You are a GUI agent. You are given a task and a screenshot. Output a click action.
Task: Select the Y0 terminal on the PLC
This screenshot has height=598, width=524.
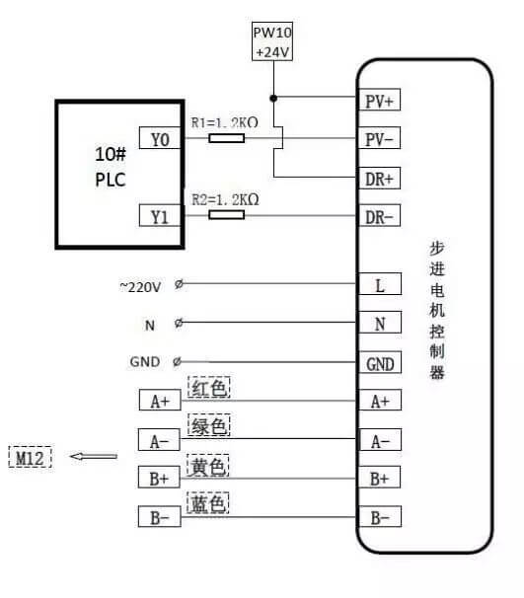(160, 140)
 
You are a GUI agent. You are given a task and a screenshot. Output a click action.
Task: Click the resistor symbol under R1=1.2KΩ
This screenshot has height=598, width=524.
(227, 140)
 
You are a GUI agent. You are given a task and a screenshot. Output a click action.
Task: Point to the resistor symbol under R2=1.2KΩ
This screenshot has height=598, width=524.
(227, 212)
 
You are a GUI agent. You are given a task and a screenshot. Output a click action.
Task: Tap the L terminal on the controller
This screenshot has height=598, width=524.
(380, 285)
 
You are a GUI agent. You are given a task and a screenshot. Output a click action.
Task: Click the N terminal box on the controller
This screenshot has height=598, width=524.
(380, 323)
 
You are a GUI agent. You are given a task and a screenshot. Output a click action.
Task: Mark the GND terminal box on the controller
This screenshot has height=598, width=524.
(380, 364)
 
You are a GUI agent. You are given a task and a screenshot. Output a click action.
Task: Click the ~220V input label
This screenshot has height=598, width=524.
(139, 286)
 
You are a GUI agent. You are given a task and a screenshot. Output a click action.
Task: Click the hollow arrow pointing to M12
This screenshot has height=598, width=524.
(94, 457)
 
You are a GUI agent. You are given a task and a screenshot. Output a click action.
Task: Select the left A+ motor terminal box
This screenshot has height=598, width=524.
(160, 401)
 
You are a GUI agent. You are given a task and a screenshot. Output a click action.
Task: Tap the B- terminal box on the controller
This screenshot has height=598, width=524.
(380, 516)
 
